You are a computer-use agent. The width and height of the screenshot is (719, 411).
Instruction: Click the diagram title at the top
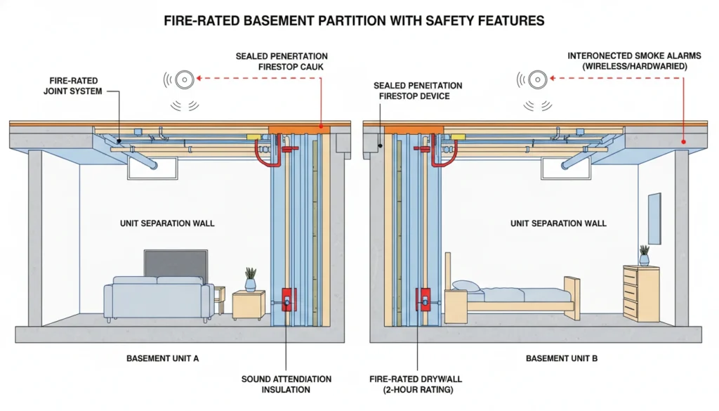tap(354, 21)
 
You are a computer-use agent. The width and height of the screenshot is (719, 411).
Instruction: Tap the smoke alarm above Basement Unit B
tap(537, 79)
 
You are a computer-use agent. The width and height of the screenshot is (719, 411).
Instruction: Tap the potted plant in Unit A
tap(251, 279)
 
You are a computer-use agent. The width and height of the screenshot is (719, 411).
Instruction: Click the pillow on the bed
tap(465, 285)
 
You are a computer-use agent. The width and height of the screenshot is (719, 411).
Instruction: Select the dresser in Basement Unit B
tap(640, 293)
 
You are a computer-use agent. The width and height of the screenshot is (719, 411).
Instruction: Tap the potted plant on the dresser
tap(644, 255)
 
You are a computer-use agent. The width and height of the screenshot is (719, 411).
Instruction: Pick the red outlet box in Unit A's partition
tap(286, 300)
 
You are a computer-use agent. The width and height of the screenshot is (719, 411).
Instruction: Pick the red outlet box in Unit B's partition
tap(423, 300)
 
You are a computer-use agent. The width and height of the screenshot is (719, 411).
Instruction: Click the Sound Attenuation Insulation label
tap(286, 384)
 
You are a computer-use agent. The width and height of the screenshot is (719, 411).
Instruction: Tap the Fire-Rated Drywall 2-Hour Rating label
tap(418, 384)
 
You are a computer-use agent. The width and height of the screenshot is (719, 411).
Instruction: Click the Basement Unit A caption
tap(163, 358)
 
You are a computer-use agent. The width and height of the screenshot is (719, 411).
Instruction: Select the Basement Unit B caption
tap(561, 358)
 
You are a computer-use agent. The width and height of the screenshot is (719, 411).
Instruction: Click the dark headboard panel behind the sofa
tap(176, 262)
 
